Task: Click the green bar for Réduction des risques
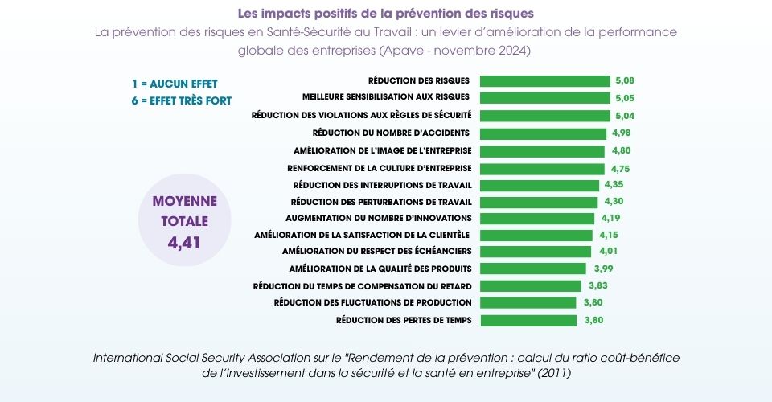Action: click(x=544, y=81)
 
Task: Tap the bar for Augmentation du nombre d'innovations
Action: click(x=537, y=218)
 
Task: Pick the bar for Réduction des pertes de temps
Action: click(x=528, y=320)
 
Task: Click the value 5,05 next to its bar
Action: click(x=625, y=97)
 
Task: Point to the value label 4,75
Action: click(x=620, y=169)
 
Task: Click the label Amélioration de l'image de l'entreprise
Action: click(x=383, y=150)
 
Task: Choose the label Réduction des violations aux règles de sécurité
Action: click(x=361, y=115)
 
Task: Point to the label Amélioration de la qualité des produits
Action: click(x=380, y=269)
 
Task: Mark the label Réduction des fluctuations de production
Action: click(x=372, y=302)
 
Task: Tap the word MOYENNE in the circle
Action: click(x=184, y=200)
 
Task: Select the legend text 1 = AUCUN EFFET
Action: click(x=175, y=84)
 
